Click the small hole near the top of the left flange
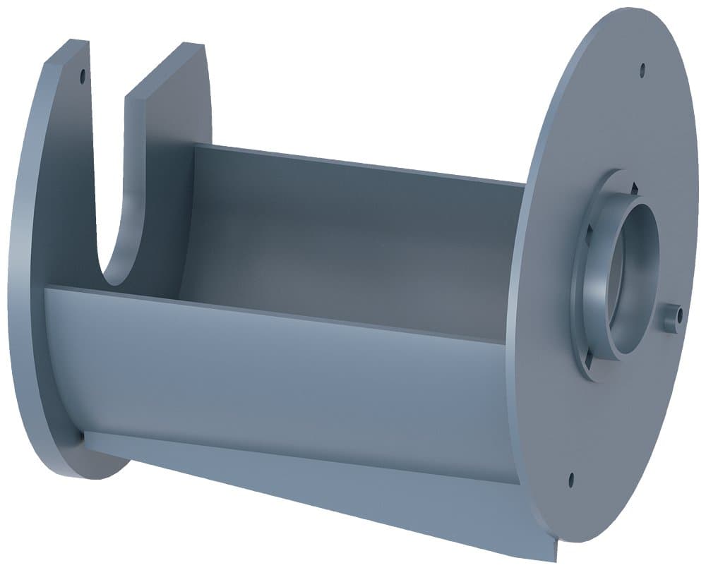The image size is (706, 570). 83,73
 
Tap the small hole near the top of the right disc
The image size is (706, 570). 642,70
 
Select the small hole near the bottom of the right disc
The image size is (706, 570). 570,480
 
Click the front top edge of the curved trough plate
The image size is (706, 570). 282,314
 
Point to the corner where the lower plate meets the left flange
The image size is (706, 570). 85,437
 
